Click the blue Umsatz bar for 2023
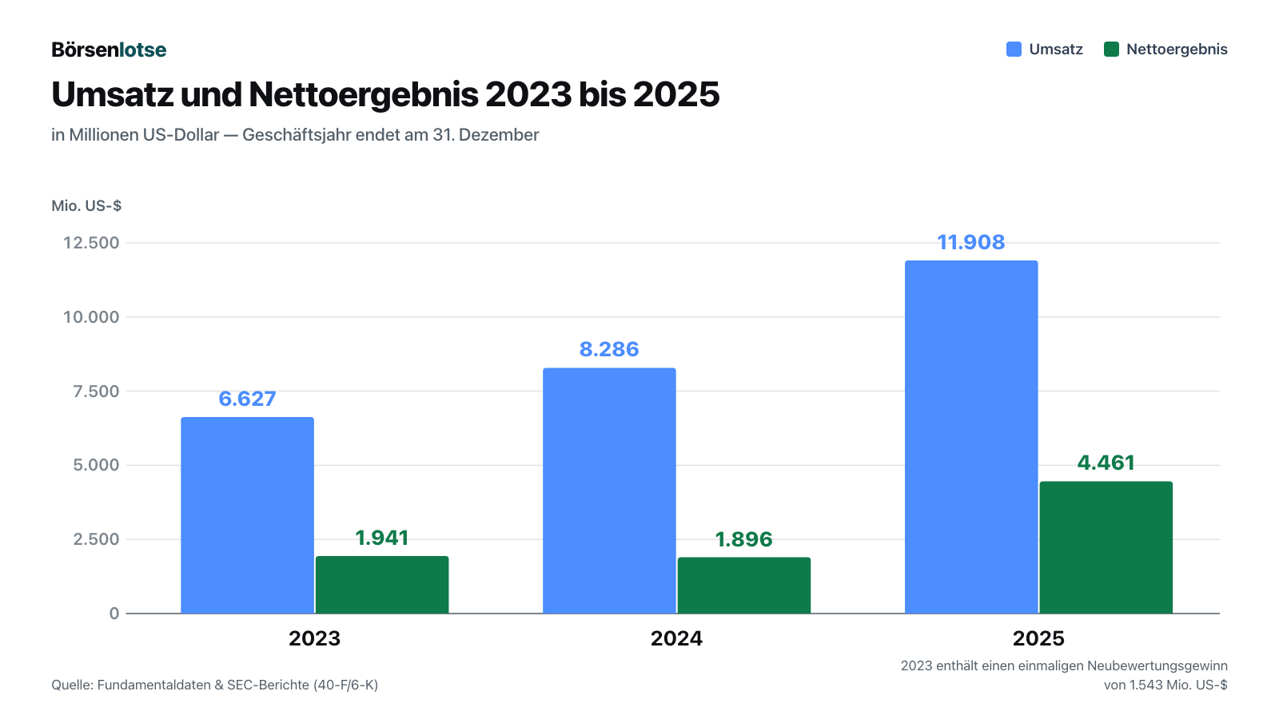(247, 515)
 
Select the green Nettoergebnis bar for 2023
(382, 585)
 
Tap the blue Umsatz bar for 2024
(609, 491)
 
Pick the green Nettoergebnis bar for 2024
(744, 586)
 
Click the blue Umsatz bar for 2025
(971, 437)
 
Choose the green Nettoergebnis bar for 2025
(1106, 547)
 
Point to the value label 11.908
(970, 243)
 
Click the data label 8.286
(608, 349)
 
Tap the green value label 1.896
(743, 539)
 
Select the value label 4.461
(1106, 463)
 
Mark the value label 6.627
(247, 399)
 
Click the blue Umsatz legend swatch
(1014, 49)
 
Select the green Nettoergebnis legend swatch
(1111, 49)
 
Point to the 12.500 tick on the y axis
(91, 243)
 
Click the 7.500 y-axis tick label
(96, 391)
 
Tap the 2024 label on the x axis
(676, 638)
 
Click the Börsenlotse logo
(109, 50)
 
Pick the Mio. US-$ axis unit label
(86, 205)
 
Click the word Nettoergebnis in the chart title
(363, 94)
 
